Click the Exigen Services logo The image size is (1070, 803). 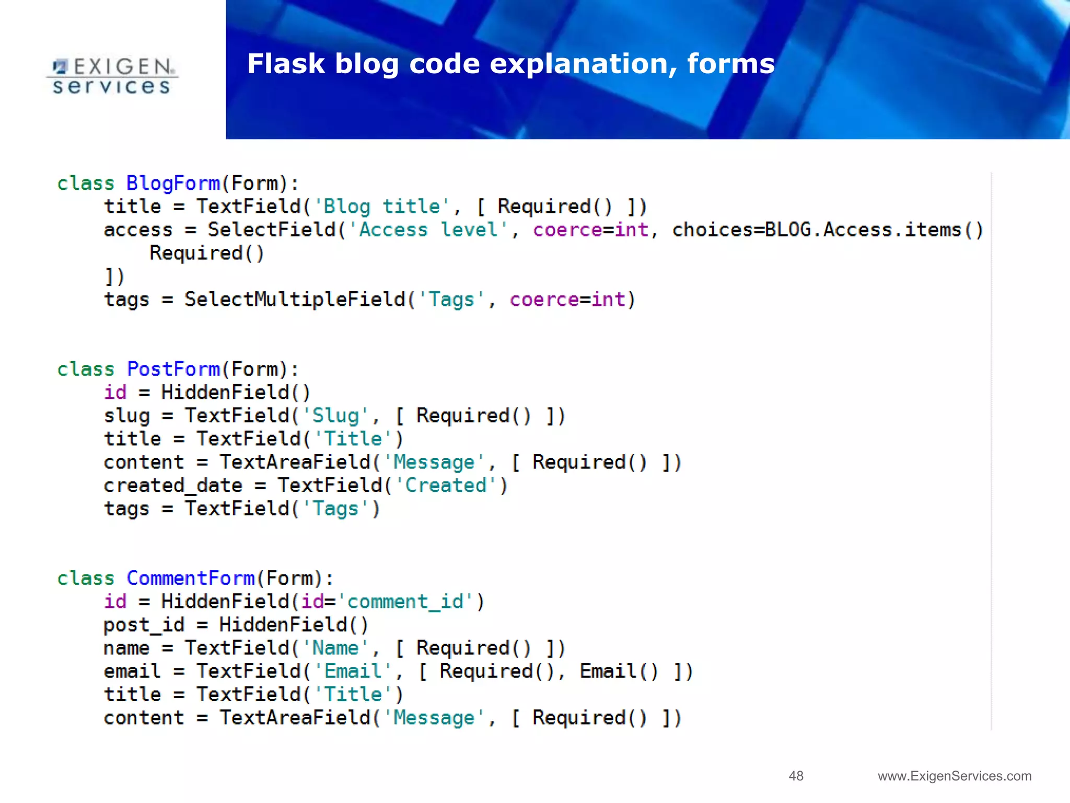click(x=112, y=76)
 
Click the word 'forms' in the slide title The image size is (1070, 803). click(x=730, y=64)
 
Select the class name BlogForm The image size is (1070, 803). click(x=173, y=183)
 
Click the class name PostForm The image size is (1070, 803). click(x=173, y=370)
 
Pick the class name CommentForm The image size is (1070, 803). click(x=190, y=578)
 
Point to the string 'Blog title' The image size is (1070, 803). click(x=381, y=207)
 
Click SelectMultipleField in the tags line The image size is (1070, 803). click(x=295, y=300)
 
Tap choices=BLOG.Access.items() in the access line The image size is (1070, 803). click(x=828, y=230)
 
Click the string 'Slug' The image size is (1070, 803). click(x=335, y=416)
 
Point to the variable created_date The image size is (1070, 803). click(x=173, y=486)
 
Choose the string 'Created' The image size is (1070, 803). click(x=446, y=486)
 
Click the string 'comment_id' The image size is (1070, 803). click(x=405, y=602)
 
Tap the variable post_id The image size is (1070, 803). click(x=144, y=625)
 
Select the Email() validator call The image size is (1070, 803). click(x=619, y=671)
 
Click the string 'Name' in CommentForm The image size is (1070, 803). click(x=335, y=648)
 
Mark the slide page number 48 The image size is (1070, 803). click(x=796, y=776)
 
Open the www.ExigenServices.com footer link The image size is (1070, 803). click(x=955, y=776)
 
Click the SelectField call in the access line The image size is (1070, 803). click(x=272, y=230)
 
